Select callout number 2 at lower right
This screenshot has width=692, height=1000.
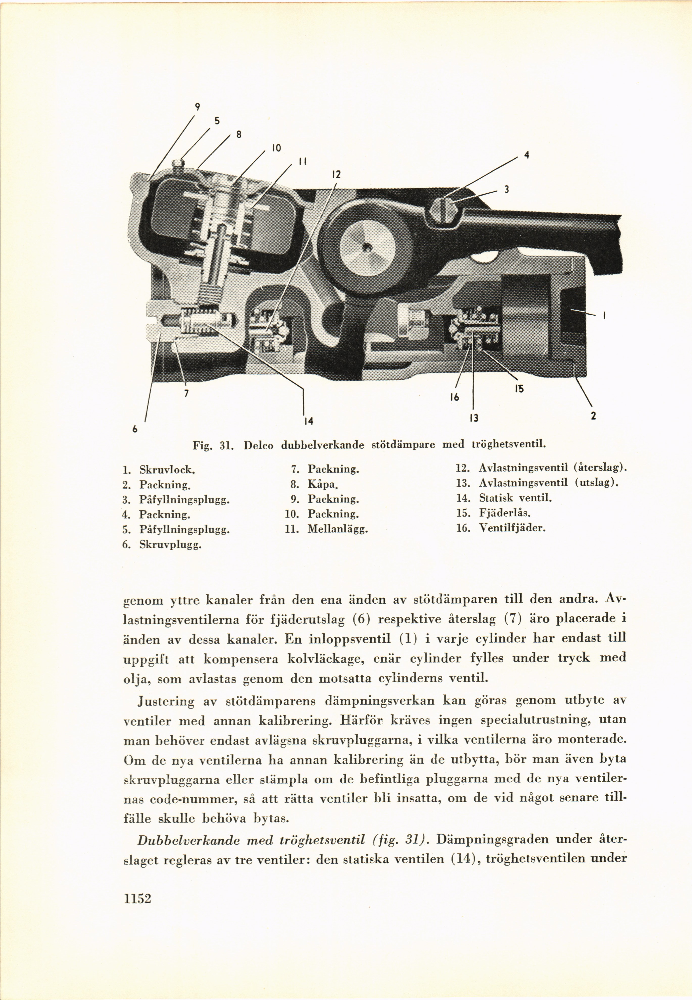pyautogui.click(x=593, y=416)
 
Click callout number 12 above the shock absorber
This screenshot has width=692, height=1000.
pyautogui.click(x=336, y=175)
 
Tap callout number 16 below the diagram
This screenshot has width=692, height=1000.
pyautogui.click(x=454, y=396)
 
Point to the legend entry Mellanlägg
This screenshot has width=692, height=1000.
pyautogui.click(x=337, y=529)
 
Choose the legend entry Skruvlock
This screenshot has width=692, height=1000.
pyautogui.click(x=167, y=469)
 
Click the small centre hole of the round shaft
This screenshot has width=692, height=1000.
pyautogui.click(x=367, y=247)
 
